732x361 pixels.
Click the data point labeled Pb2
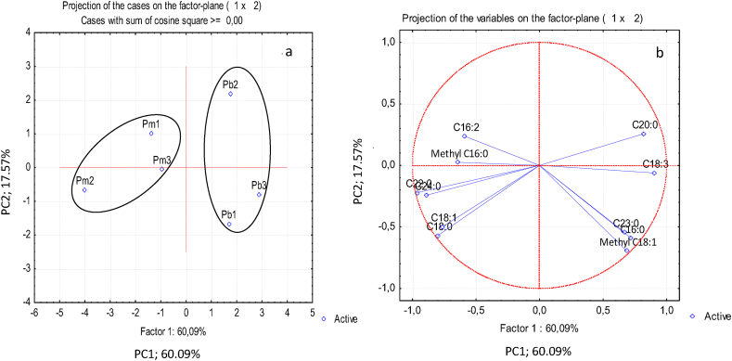231,94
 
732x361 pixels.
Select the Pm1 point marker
151,134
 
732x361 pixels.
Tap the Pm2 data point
84,189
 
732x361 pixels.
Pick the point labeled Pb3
259,194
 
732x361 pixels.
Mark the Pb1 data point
229,224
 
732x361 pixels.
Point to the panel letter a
289,52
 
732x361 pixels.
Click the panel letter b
660,55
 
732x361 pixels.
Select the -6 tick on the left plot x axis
34,313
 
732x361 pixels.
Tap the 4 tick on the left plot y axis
28,32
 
